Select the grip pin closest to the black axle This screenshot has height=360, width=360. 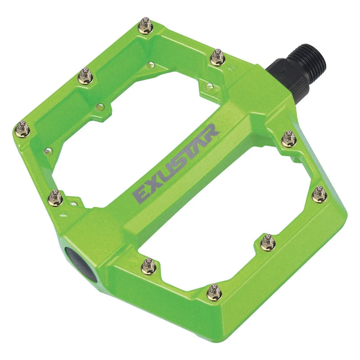[217, 58]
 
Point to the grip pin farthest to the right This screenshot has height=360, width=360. [319, 194]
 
